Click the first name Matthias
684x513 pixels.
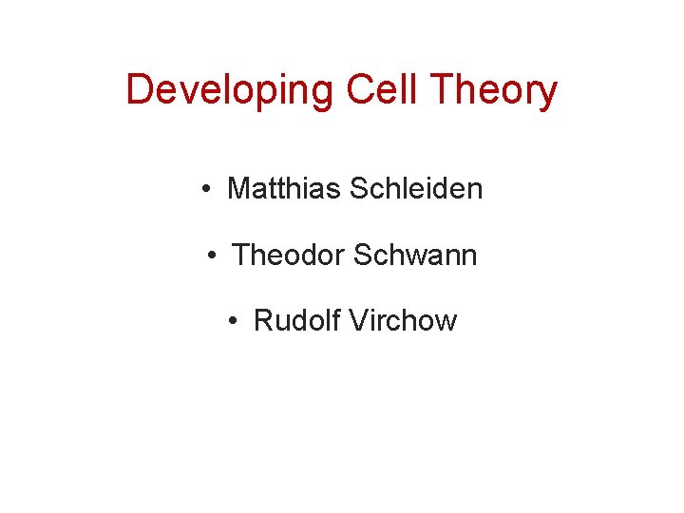285,188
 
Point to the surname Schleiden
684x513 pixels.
416,188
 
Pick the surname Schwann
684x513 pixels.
415,255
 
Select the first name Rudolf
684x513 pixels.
297,320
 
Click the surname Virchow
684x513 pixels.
404,320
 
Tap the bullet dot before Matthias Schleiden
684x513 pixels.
206,189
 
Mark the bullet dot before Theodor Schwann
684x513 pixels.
212,256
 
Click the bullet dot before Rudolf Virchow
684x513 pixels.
234,321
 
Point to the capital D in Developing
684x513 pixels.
139,89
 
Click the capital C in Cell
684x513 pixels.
360,89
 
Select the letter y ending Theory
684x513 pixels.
546,95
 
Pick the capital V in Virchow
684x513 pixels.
358,320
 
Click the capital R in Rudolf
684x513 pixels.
263,320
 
